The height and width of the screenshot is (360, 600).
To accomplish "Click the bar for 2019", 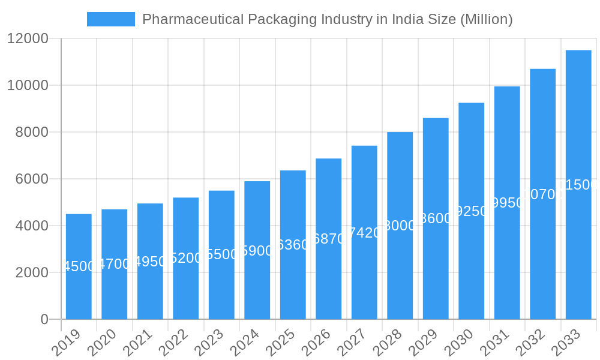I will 79,266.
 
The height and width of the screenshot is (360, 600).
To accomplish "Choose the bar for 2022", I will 186,258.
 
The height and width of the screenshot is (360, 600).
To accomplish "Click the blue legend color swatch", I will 111,19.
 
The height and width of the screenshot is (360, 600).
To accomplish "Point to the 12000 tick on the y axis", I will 28,39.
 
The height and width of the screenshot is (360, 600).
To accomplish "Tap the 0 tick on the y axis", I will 44,319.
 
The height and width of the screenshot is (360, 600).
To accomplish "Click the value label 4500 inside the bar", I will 79,266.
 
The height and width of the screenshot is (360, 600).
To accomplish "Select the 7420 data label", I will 364,233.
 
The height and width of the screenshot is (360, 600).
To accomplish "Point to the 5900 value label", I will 257,251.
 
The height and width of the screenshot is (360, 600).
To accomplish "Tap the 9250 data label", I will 472,211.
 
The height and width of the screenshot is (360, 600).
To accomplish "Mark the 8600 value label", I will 436,218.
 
